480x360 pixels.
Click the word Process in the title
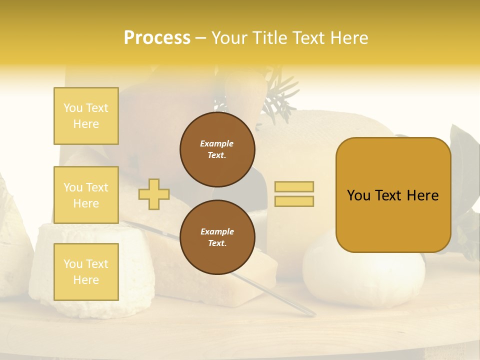pyautogui.click(x=157, y=38)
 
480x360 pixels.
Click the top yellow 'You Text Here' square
pyautogui.click(x=86, y=116)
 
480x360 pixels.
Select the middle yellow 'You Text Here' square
pyautogui.click(x=86, y=195)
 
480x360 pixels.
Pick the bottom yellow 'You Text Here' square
pyautogui.click(x=86, y=272)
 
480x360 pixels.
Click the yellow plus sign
pyautogui.click(x=154, y=194)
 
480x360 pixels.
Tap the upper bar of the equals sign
pyautogui.click(x=294, y=186)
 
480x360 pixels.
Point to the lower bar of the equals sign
pyautogui.click(x=294, y=201)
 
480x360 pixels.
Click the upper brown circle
pyautogui.click(x=217, y=149)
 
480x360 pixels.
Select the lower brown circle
pyautogui.click(x=217, y=237)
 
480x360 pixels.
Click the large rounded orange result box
pyautogui.click(x=393, y=195)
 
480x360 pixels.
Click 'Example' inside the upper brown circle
pyautogui.click(x=217, y=143)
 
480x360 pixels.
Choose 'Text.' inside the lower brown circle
pyautogui.click(x=217, y=243)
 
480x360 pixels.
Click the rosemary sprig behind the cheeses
pyautogui.click(x=280, y=100)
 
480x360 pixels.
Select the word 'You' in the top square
pyautogui.click(x=73, y=108)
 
